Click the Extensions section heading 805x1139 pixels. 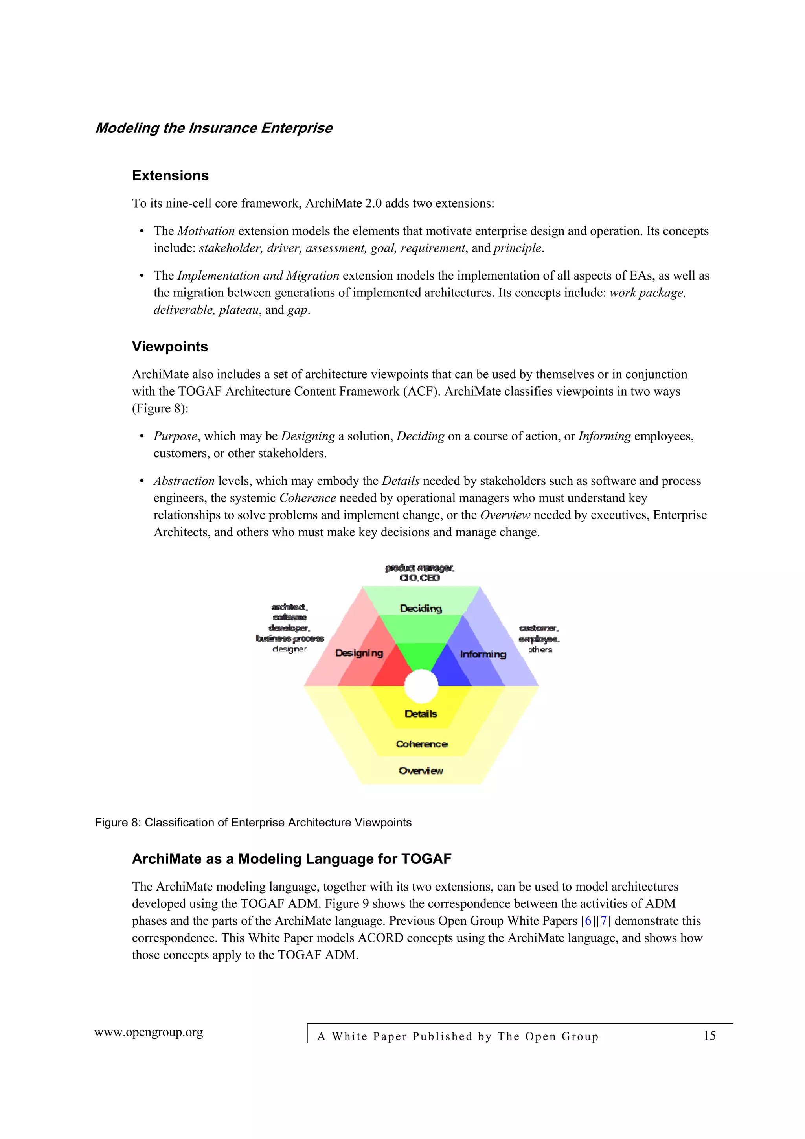tap(170, 176)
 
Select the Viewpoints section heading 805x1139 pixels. tap(170, 346)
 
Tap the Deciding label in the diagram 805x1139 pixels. tap(421, 608)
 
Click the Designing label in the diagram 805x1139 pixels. tap(359, 653)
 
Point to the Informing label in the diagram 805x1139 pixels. tap(483, 654)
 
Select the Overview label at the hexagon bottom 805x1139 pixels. tap(421, 771)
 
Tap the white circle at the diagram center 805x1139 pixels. tap(421, 686)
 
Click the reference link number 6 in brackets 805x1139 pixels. tap(589, 921)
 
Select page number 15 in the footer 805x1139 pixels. tap(709, 1036)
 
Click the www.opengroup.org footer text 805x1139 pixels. tap(149, 1032)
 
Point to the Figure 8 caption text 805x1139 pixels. tap(253, 823)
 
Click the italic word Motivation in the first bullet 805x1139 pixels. tap(206, 231)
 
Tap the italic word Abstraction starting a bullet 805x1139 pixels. tap(184, 481)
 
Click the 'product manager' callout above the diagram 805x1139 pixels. tap(420, 567)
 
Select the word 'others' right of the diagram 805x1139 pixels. tap(540, 650)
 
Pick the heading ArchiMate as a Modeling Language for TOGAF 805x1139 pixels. tap(292, 859)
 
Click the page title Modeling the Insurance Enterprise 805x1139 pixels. tap(214, 128)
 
